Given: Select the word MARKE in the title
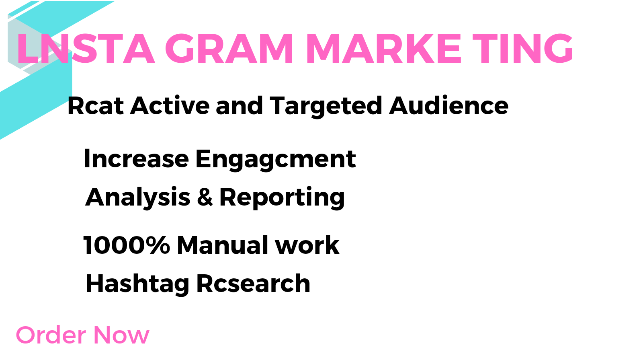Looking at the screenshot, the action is pos(384,48).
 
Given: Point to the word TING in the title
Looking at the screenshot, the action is pos(523,48).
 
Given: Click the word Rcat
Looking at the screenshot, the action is pos(96,106).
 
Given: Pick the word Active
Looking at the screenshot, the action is pos(170,106).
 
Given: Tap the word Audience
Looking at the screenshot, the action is pos(448,106).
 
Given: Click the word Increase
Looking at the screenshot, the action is pos(137,158).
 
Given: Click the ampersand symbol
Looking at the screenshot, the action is pos(205,197).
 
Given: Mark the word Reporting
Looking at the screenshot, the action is pos(282,197).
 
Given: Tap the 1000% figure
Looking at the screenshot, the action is pos(127,245).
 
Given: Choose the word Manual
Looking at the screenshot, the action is pos(223,245).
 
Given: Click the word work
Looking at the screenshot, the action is pos(307,245).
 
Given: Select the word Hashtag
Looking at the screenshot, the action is pos(137,284).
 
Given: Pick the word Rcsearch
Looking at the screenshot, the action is pos(253,283).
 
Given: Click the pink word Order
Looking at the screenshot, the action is pos(51,335).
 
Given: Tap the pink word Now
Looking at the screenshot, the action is pos(121,335).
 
